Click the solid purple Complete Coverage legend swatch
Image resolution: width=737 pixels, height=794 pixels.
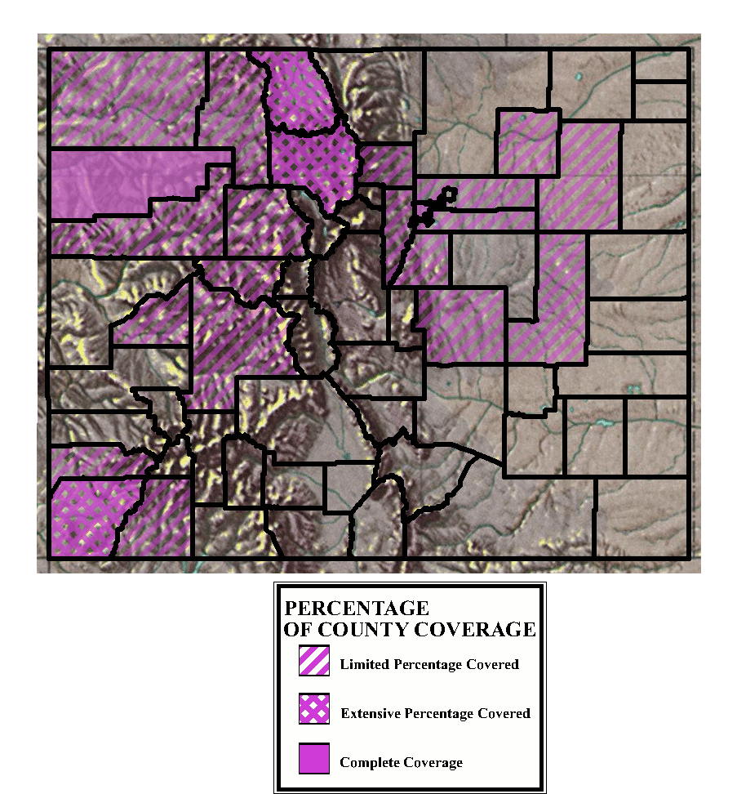coord(314,759)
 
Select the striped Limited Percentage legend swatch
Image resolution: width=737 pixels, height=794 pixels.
coord(314,661)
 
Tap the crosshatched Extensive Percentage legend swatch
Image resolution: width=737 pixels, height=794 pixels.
coord(314,710)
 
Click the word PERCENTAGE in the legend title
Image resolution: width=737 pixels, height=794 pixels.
coord(356,609)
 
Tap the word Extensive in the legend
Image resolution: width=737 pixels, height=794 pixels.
coord(371,713)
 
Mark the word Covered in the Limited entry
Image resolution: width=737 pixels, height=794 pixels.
coord(492,664)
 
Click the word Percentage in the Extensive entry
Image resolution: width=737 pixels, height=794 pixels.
coord(439,713)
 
